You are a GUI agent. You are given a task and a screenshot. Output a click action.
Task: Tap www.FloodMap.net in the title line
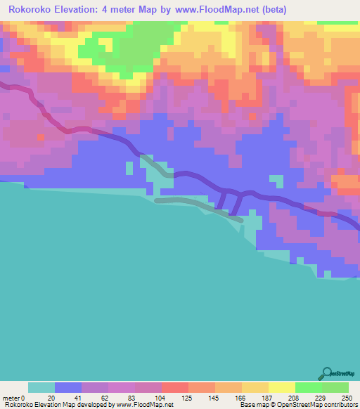(x=218, y=11)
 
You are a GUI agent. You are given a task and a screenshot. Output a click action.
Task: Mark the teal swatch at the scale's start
(x=41, y=387)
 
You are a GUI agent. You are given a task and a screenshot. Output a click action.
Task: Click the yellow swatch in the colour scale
(x=281, y=387)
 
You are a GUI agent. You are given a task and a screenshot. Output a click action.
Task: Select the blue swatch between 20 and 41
(x=67, y=387)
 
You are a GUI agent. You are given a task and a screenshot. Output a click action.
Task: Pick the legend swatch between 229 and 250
(x=335, y=387)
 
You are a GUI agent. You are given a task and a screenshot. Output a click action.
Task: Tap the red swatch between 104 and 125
(x=174, y=387)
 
